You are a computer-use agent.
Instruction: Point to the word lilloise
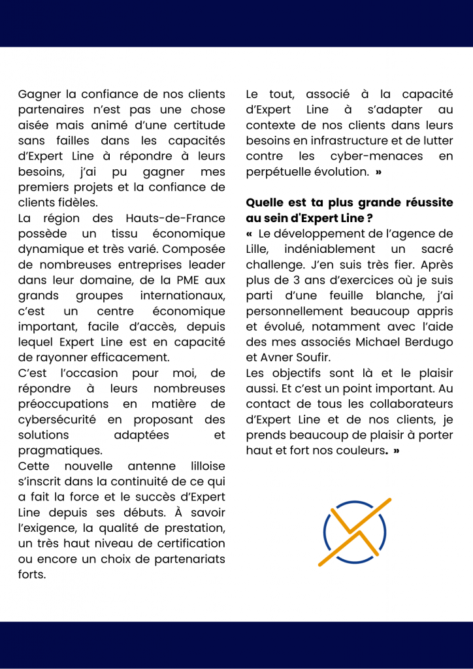coord(207,466)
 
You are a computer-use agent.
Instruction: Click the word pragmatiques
coord(60,451)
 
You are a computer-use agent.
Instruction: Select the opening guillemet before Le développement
coord(249,234)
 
